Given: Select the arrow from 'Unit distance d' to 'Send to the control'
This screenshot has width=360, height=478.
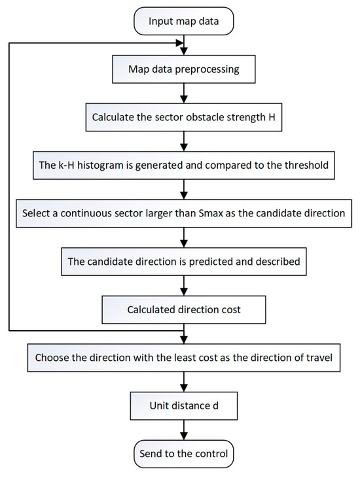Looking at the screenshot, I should [x=186, y=430].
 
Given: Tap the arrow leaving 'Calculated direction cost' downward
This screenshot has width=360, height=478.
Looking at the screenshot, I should [x=186, y=333].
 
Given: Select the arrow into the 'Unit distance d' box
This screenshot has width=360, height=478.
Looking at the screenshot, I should [x=186, y=382].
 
